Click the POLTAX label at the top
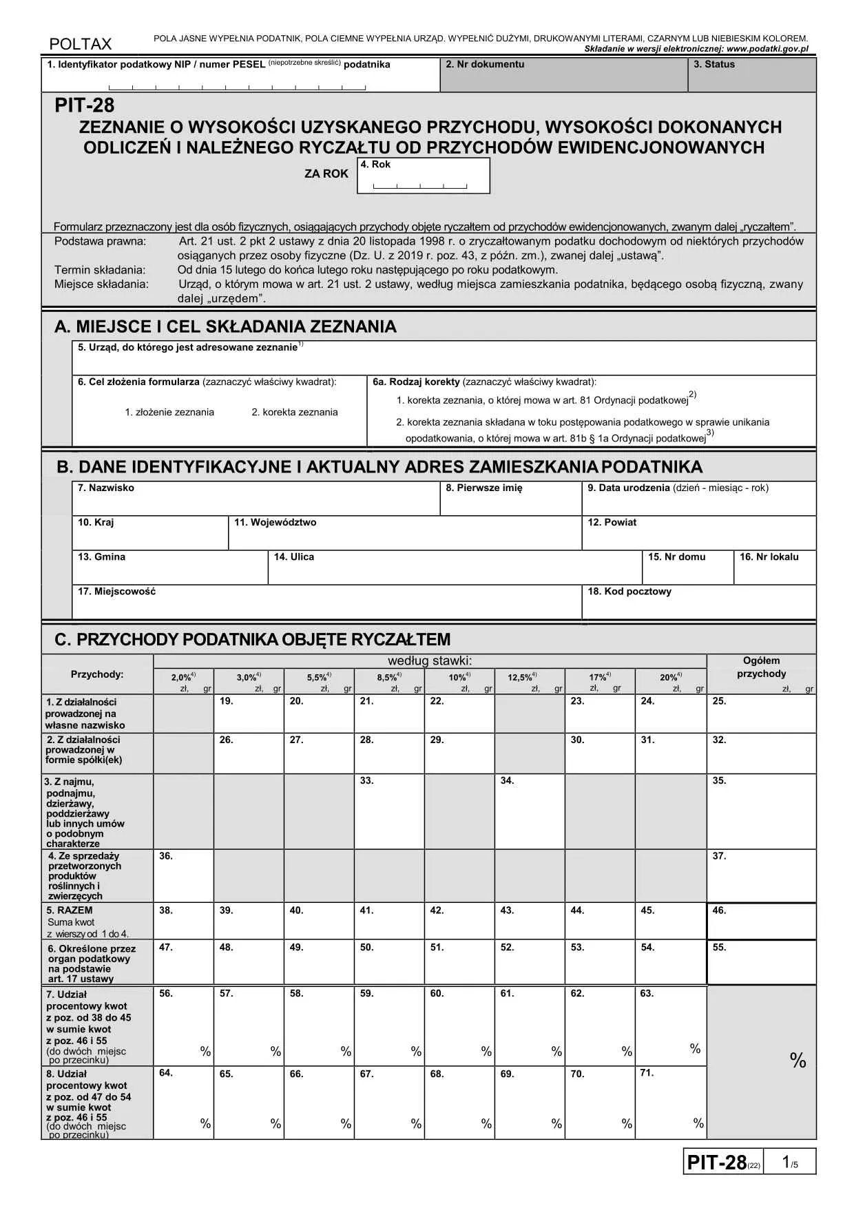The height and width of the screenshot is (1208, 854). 80,44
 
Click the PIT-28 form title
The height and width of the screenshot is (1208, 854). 85,105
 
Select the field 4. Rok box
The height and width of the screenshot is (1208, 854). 423,176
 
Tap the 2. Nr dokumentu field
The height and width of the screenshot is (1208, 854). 563,75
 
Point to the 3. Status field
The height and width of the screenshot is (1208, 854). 751,75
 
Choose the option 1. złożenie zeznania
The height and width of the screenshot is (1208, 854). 169,413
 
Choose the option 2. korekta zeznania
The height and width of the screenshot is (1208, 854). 294,413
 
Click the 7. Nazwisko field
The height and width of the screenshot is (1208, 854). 256,499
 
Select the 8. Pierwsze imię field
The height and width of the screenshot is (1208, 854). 511,499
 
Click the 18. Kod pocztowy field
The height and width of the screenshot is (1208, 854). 698,603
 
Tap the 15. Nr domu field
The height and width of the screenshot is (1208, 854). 687,568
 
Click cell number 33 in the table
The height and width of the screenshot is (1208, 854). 389,812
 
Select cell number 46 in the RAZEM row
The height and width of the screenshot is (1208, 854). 761,921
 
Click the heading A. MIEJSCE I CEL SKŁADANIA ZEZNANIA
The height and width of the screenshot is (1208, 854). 225,327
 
